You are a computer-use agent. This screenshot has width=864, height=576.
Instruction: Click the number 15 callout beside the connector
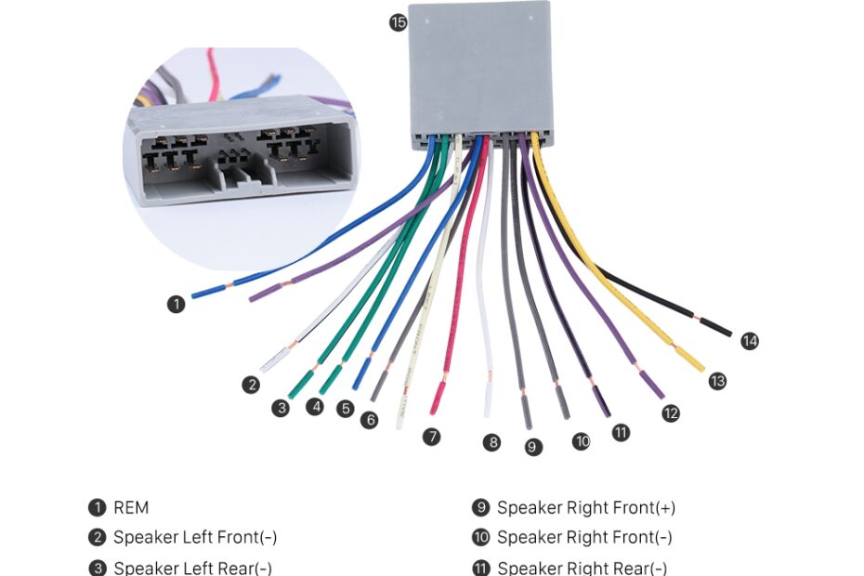point(398,23)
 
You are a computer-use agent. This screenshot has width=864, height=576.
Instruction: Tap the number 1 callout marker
point(176,304)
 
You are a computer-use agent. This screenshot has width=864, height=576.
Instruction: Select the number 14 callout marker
point(750,341)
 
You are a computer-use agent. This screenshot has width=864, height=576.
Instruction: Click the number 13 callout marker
point(717,381)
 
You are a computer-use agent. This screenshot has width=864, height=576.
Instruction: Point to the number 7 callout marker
point(431,436)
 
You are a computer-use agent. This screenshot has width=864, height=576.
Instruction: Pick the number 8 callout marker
point(491,442)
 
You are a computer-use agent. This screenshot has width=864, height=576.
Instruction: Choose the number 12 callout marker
point(671,413)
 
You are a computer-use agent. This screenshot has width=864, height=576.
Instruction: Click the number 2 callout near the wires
point(251,385)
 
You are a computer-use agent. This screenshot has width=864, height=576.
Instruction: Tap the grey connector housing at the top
point(478,70)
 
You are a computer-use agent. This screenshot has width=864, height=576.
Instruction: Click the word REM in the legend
point(131,508)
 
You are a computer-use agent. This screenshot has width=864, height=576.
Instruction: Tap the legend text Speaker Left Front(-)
point(195,538)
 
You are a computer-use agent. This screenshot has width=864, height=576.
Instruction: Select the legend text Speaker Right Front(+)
point(586,508)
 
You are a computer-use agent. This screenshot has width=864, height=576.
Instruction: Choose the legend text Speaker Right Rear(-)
point(582,568)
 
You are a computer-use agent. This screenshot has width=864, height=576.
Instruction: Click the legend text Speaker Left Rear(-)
point(192,568)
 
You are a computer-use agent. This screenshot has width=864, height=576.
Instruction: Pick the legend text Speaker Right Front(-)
point(584,538)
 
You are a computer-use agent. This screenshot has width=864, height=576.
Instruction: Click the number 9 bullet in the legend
point(480,508)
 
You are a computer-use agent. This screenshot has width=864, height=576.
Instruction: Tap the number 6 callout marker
point(370,420)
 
